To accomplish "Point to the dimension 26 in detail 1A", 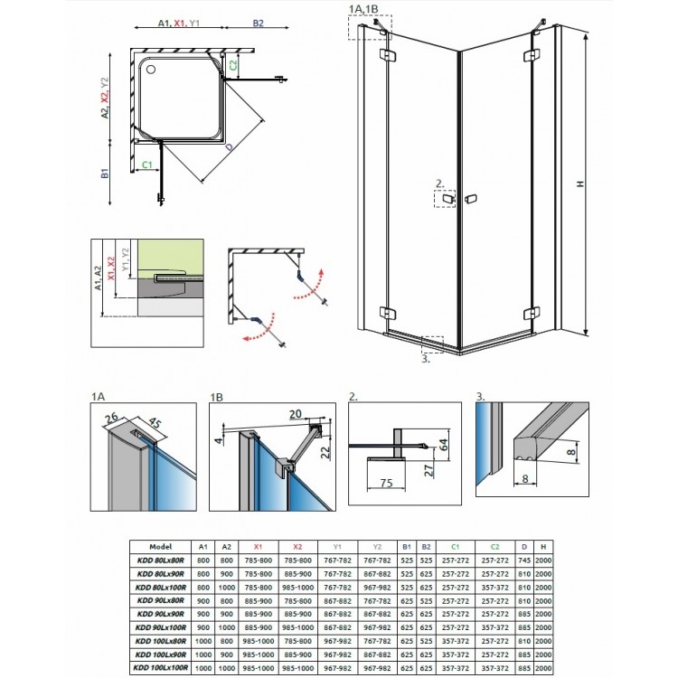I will (x=110, y=417).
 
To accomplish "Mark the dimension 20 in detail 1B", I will (x=295, y=413).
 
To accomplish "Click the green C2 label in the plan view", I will (x=234, y=64).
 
